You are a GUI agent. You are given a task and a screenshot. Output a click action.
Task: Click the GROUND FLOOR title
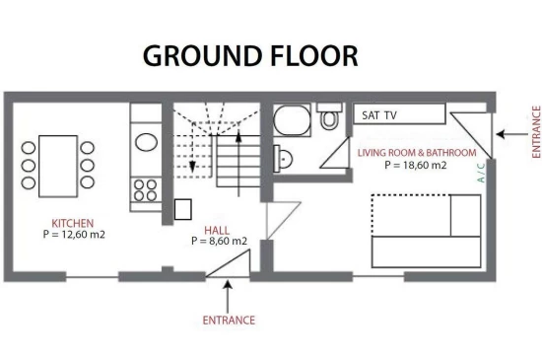[x=250, y=55]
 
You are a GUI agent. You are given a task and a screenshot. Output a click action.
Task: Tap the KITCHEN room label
[x=73, y=223]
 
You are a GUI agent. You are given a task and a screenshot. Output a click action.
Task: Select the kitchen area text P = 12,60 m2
[x=74, y=235]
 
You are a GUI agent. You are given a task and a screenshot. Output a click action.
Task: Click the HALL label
[x=217, y=231]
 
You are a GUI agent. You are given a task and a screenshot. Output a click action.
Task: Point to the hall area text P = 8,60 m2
[x=220, y=241]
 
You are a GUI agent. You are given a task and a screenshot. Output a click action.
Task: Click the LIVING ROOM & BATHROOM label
[x=417, y=153]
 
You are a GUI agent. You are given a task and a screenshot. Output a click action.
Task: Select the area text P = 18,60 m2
[x=416, y=165]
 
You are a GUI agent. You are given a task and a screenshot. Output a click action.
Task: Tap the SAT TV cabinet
[x=399, y=113]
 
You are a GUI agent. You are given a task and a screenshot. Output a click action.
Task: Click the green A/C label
[x=481, y=173]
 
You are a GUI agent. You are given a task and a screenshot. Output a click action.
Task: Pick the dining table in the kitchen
[x=58, y=167]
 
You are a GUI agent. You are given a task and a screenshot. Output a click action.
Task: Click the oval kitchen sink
[x=146, y=142]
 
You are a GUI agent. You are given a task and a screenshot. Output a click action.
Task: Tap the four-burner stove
[x=146, y=190]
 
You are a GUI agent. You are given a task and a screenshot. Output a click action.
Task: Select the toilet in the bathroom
[x=329, y=116]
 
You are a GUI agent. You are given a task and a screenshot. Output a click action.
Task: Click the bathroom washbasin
[x=283, y=159]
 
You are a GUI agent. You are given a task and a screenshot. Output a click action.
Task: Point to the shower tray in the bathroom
[x=292, y=120]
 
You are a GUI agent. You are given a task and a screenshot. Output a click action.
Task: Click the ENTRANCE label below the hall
[x=229, y=321]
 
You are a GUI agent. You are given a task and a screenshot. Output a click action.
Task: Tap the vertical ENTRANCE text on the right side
[x=536, y=132]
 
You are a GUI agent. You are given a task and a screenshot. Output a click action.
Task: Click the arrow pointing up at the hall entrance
[x=228, y=297]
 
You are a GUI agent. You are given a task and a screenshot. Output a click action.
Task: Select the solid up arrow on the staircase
[x=238, y=163]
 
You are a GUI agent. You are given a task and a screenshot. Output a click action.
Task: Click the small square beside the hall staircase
[x=183, y=209]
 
